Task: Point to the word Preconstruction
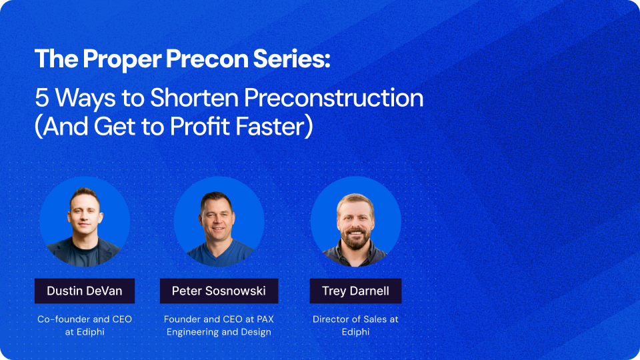(333, 98)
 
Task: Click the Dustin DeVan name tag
(85, 291)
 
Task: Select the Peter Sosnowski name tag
(219, 291)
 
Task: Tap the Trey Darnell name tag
(355, 291)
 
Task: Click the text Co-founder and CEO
(85, 319)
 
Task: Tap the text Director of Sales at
(355, 319)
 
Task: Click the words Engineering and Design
(219, 332)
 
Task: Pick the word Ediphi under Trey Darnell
(355, 332)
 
